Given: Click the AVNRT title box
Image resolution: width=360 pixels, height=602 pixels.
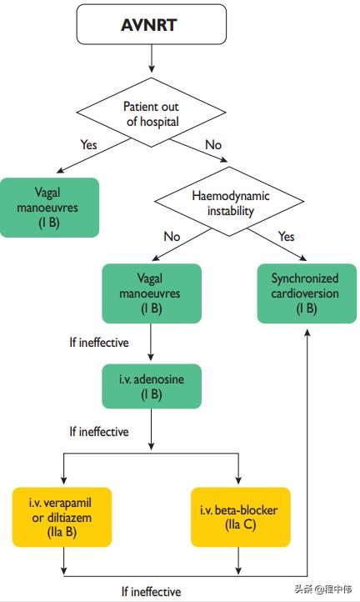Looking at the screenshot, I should (x=152, y=25).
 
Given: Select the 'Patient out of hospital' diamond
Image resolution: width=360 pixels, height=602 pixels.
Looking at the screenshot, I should (x=152, y=113).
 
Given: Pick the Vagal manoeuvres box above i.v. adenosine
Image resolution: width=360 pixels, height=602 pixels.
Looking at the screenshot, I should (x=152, y=293).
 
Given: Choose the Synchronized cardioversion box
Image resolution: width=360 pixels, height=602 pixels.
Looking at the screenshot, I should (x=307, y=293).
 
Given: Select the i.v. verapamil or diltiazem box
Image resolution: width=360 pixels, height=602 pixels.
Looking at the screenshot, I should (x=62, y=517).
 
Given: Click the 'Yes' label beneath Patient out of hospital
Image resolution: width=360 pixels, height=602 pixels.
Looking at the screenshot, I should (x=88, y=145).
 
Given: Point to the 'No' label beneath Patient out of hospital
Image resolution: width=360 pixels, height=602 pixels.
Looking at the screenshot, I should (x=213, y=145).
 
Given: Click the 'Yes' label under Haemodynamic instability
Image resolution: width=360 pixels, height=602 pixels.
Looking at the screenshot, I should (x=286, y=237).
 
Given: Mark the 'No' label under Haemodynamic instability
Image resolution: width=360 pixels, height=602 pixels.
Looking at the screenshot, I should (x=172, y=237).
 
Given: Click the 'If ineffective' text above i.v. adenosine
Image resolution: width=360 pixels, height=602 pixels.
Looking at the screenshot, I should (x=99, y=342).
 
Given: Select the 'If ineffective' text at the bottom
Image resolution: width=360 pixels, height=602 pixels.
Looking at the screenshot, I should (x=151, y=591).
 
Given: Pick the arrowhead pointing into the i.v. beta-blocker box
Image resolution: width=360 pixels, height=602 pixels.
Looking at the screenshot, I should (x=240, y=483).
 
